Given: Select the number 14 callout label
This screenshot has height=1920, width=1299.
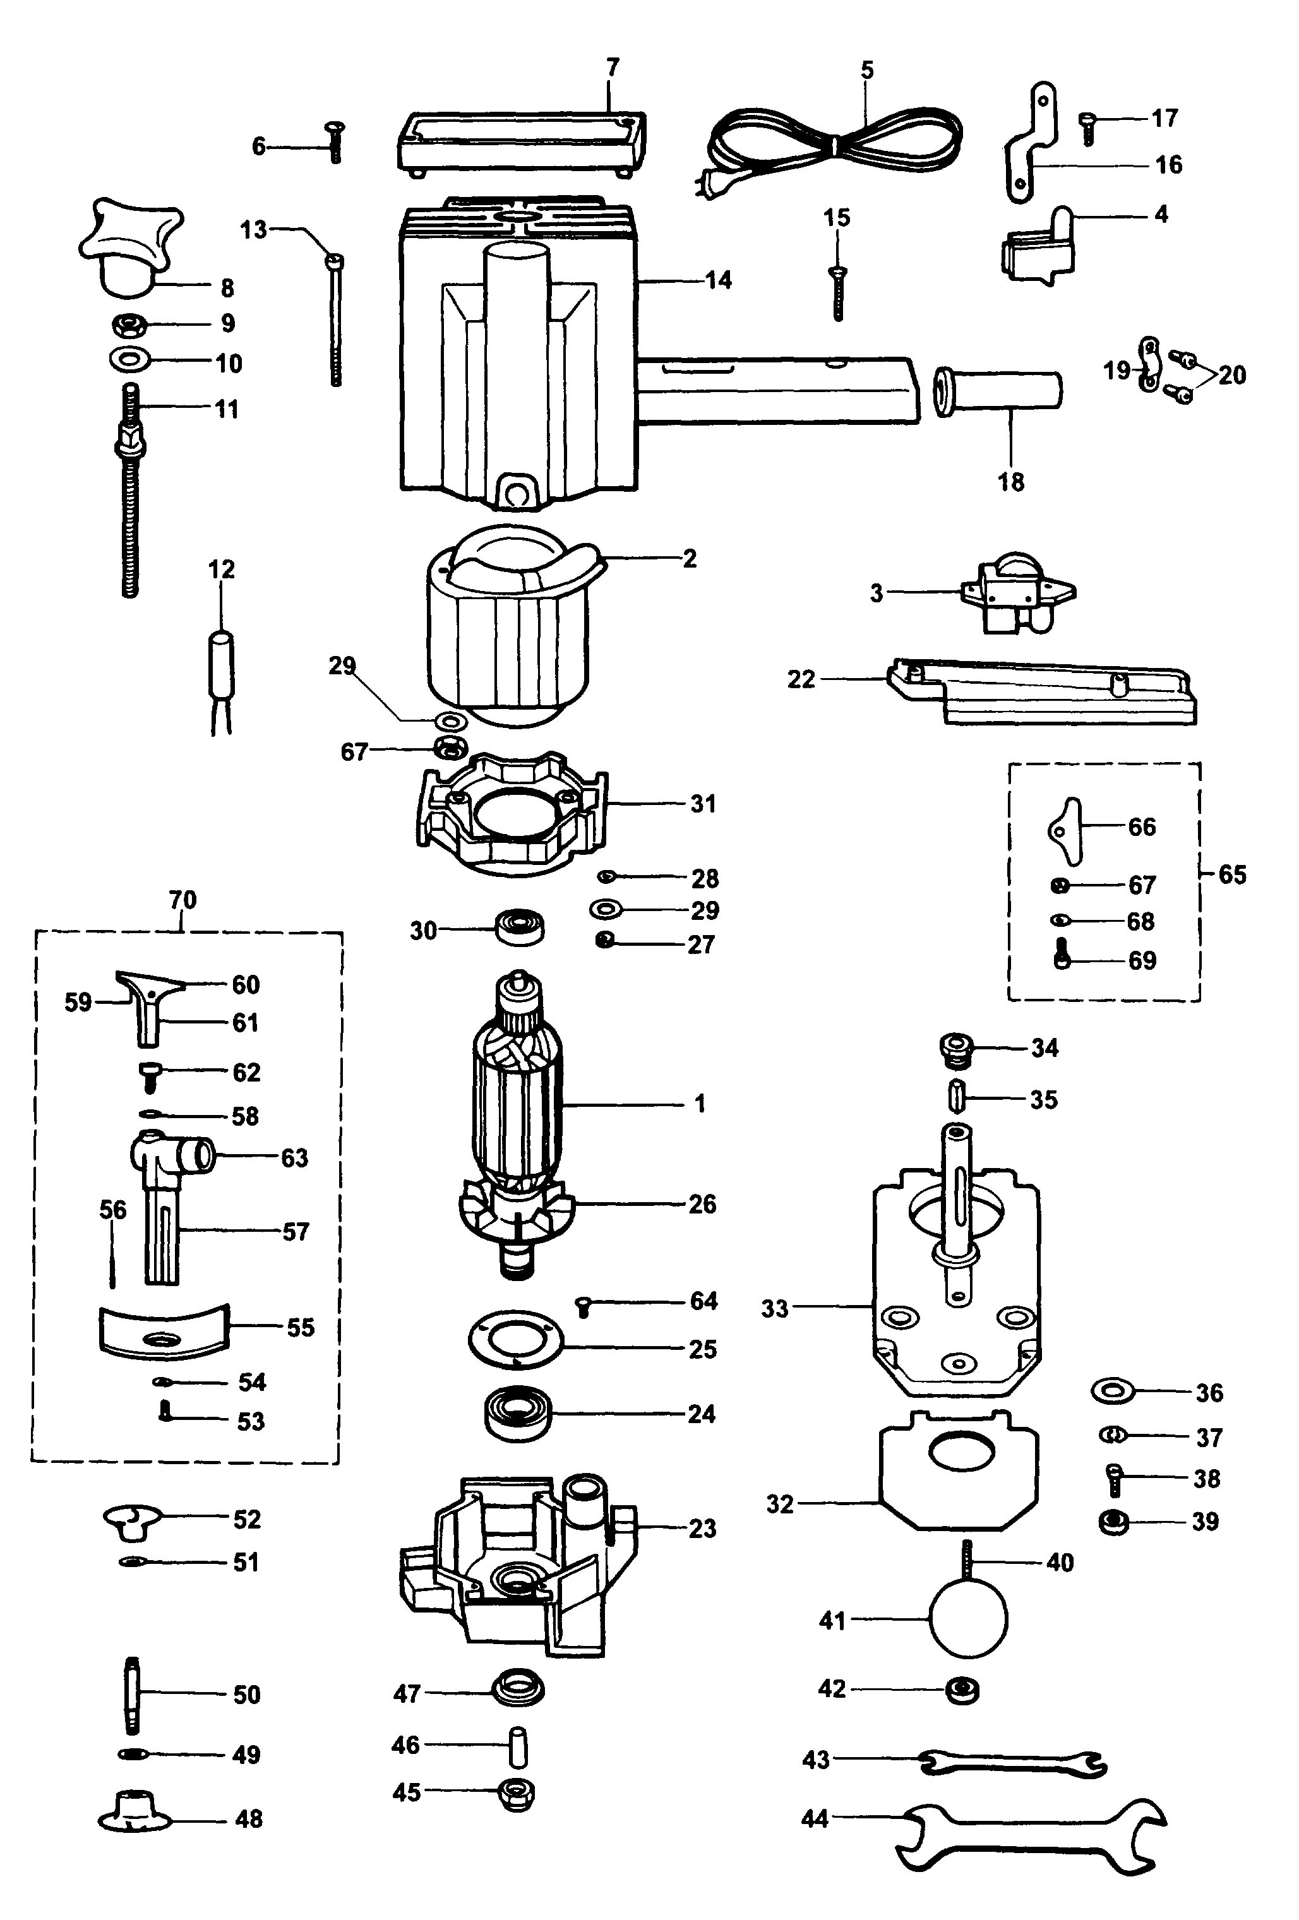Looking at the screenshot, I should click(717, 281).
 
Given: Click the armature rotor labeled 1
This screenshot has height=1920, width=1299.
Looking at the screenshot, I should click(517, 1107).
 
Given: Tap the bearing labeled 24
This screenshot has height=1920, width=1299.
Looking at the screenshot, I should click(517, 1414).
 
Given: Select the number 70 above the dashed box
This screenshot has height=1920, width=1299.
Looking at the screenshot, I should click(183, 900).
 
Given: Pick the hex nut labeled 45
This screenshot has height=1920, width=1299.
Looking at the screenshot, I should click(517, 1792).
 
